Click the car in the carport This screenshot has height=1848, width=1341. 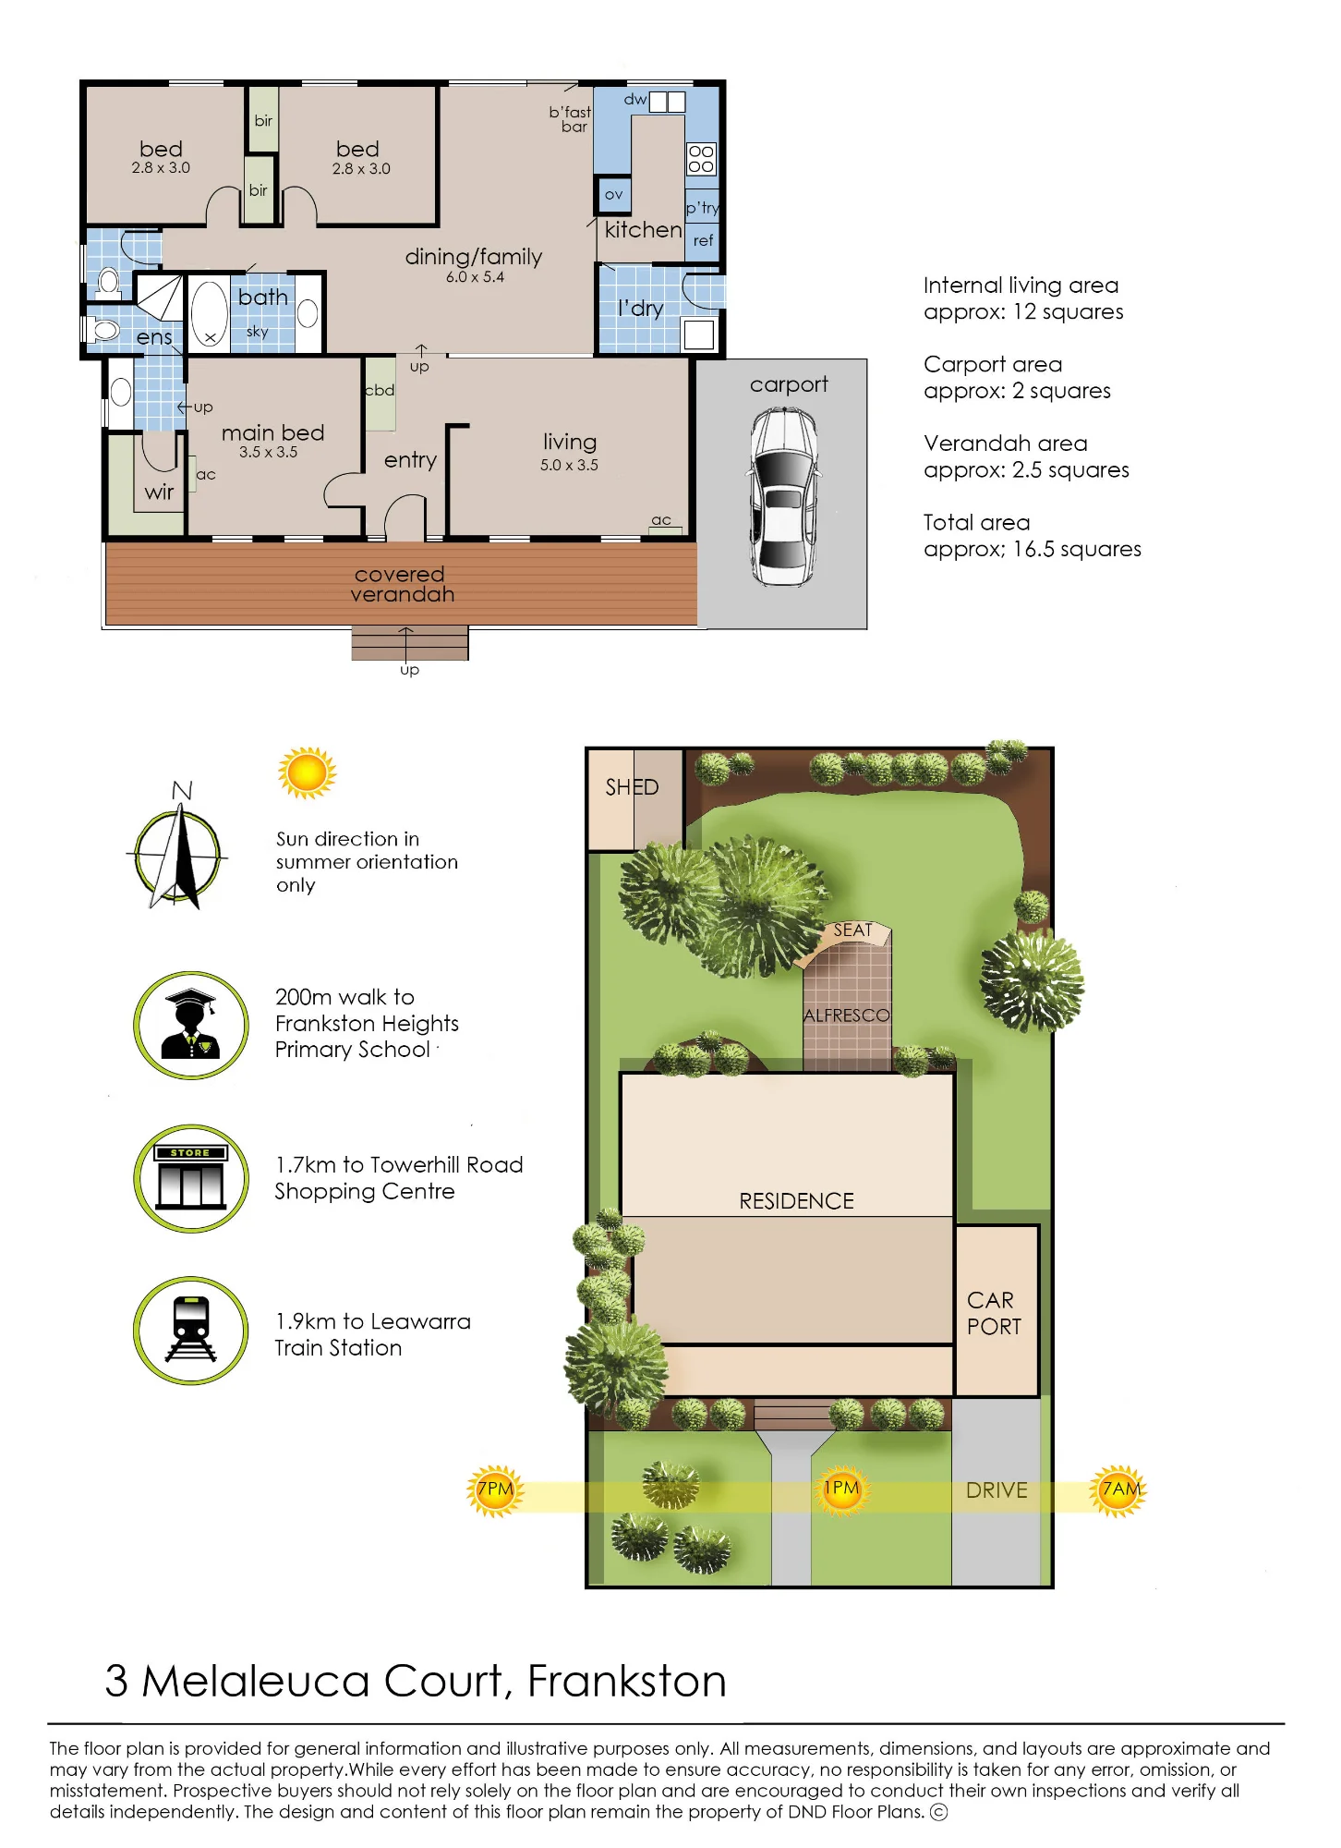click(783, 497)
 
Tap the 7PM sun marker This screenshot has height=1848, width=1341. click(496, 1490)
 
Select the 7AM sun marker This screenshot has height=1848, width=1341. click(1118, 1490)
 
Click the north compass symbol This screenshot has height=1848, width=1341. click(177, 856)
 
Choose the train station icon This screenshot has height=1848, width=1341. click(191, 1331)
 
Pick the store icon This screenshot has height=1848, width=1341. click(191, 1178)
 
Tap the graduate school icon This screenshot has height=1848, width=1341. click(191, 1025)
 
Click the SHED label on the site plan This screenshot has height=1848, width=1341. click(632, 787)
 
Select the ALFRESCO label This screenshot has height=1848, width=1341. click(846, 1015)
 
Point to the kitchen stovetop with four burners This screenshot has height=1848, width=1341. click(701, 159)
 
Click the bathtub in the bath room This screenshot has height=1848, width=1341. click(210, 314)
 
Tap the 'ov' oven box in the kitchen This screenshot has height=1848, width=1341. click(613, 194)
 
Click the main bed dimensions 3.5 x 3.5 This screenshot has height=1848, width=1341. click(269, 453)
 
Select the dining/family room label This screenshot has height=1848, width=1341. click(474, 257)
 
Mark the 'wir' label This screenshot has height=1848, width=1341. click(159, 492)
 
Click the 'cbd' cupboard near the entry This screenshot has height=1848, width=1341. click(380, 391)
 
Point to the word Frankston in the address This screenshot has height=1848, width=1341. click(627, 1681)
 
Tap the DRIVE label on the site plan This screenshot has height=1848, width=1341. click(997, 1490)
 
